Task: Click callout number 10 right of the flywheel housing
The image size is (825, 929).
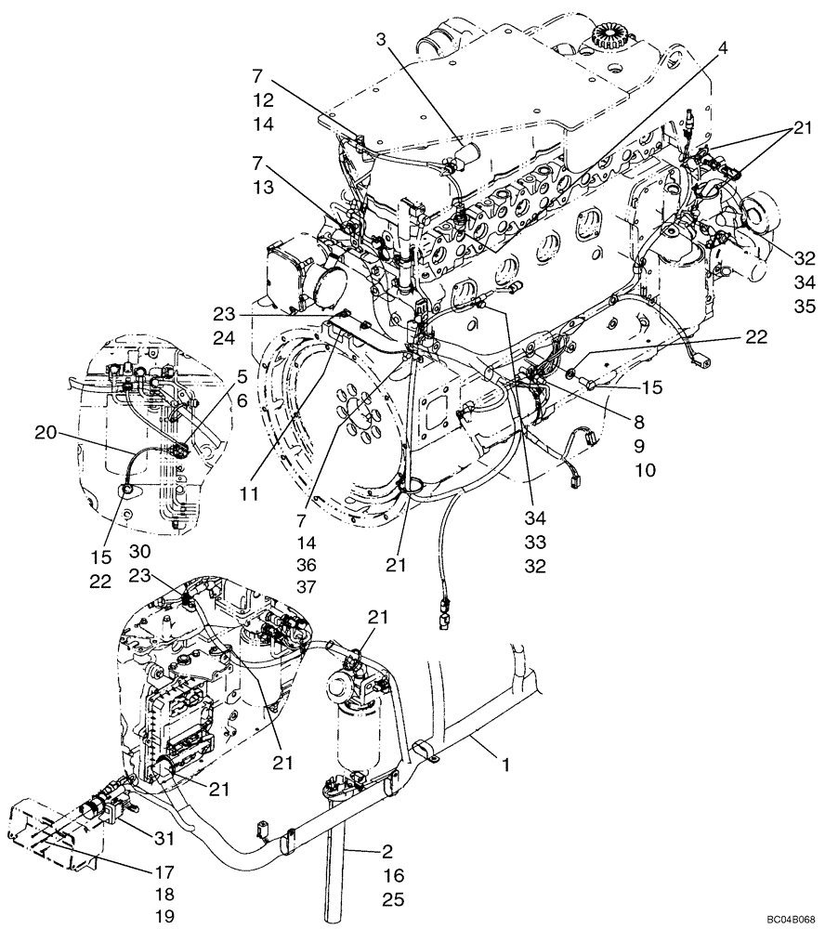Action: tap(645, 471)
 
